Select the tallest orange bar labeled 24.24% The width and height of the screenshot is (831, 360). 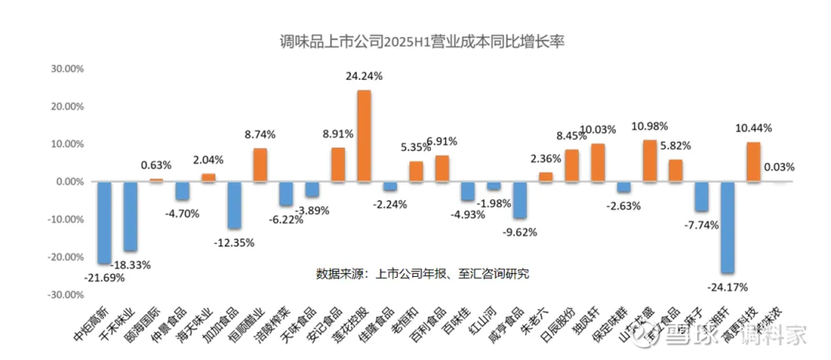tap(364, 136)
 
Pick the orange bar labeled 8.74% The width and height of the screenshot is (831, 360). tap(260, 165)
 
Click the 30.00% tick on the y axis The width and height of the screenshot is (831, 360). tap(67, 68)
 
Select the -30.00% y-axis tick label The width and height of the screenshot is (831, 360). tap(65, 295)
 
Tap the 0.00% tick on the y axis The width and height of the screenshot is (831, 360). tap(69, 182)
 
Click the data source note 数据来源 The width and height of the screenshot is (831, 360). tap(422, 273)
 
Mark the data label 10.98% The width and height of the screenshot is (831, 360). tap(649, 126)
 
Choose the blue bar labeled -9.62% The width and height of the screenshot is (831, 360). tap(520, 200)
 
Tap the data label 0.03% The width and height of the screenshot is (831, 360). tap(779, 166)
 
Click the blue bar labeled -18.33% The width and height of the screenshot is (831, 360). tap(130, 216)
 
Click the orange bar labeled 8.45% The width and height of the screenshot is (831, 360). tap(572, 165)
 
